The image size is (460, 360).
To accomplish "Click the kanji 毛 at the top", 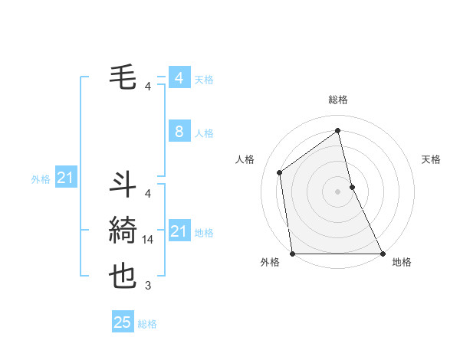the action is (123, 77).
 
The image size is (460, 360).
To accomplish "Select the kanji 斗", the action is (123, 185).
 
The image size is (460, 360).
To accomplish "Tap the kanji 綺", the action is (123, 230).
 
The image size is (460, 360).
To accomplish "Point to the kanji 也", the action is (123, 275).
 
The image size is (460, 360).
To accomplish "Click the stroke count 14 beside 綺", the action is (149, 240).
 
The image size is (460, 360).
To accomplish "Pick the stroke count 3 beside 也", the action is (148, 286).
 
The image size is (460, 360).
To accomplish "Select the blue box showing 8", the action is (179, 132).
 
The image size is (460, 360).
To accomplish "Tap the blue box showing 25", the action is (122, 322).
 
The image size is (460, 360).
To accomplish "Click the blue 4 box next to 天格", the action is (179, 78).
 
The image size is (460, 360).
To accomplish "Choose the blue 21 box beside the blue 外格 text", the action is (65, 178).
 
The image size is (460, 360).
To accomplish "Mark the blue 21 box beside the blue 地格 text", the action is (179, 231).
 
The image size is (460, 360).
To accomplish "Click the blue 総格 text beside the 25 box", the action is (147, 324).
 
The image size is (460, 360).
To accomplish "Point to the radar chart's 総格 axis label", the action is (338, 100).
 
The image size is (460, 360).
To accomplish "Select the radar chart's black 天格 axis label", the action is (432, 159).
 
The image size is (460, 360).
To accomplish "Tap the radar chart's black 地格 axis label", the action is (402, 262).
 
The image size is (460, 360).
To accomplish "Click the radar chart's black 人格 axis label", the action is (245, 159).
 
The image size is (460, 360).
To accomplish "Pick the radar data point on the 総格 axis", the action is (337, 130).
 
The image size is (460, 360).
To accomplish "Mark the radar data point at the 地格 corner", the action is (382, 253).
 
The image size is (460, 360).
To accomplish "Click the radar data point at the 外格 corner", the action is (293, 253).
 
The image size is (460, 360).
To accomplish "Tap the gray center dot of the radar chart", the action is (337, 191).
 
